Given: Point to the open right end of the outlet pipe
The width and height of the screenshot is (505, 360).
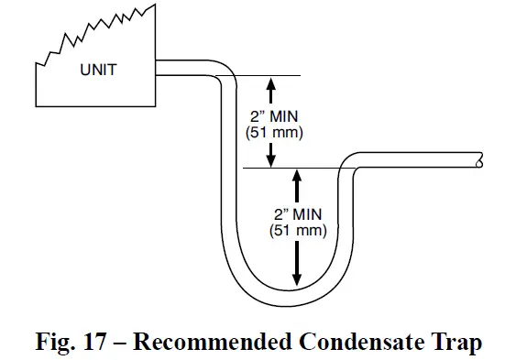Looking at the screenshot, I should pos(481,159).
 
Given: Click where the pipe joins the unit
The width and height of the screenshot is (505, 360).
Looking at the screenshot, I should pos(158,68).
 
